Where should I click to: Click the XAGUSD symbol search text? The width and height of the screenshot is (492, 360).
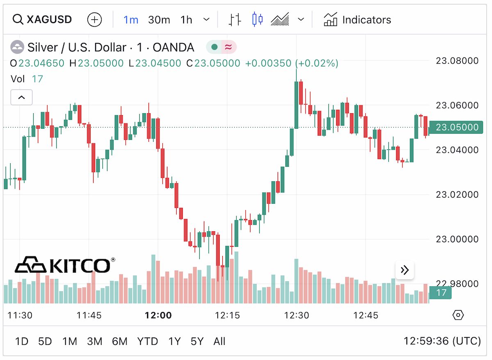(x=49, y=20)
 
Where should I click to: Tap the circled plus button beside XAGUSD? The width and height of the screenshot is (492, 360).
(x=94, y=20)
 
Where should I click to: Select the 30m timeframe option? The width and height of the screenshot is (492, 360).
(x=159, y=20)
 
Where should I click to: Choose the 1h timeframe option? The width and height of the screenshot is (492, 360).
(x=186, y=20)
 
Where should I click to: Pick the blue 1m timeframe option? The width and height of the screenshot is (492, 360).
(x=131, y=20)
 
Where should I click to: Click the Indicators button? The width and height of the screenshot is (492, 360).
(x=358, y=20)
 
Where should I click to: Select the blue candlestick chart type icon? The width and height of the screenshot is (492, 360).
(x=257, y=19)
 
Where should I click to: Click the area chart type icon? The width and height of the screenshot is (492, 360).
(x=280, y=19)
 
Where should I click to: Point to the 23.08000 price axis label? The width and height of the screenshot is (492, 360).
(x=457, y=61)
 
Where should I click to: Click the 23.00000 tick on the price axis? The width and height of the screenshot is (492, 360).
(x=457, y=239)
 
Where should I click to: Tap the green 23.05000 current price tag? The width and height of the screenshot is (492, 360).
(x=456, y=128)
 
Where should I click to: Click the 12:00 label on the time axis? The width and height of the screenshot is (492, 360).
(x=158, y=315)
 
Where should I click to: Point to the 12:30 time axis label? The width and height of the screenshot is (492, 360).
(x=296, y=315)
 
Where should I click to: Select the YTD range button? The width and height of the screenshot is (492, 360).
(x=148, y=342)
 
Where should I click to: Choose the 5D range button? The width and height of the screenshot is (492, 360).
(x=45, y=342)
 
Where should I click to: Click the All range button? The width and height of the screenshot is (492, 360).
(x=219, y=342)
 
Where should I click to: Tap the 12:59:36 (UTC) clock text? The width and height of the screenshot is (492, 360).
(x=442, y=341)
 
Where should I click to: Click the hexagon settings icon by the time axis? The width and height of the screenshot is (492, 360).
(x=458, y=315)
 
